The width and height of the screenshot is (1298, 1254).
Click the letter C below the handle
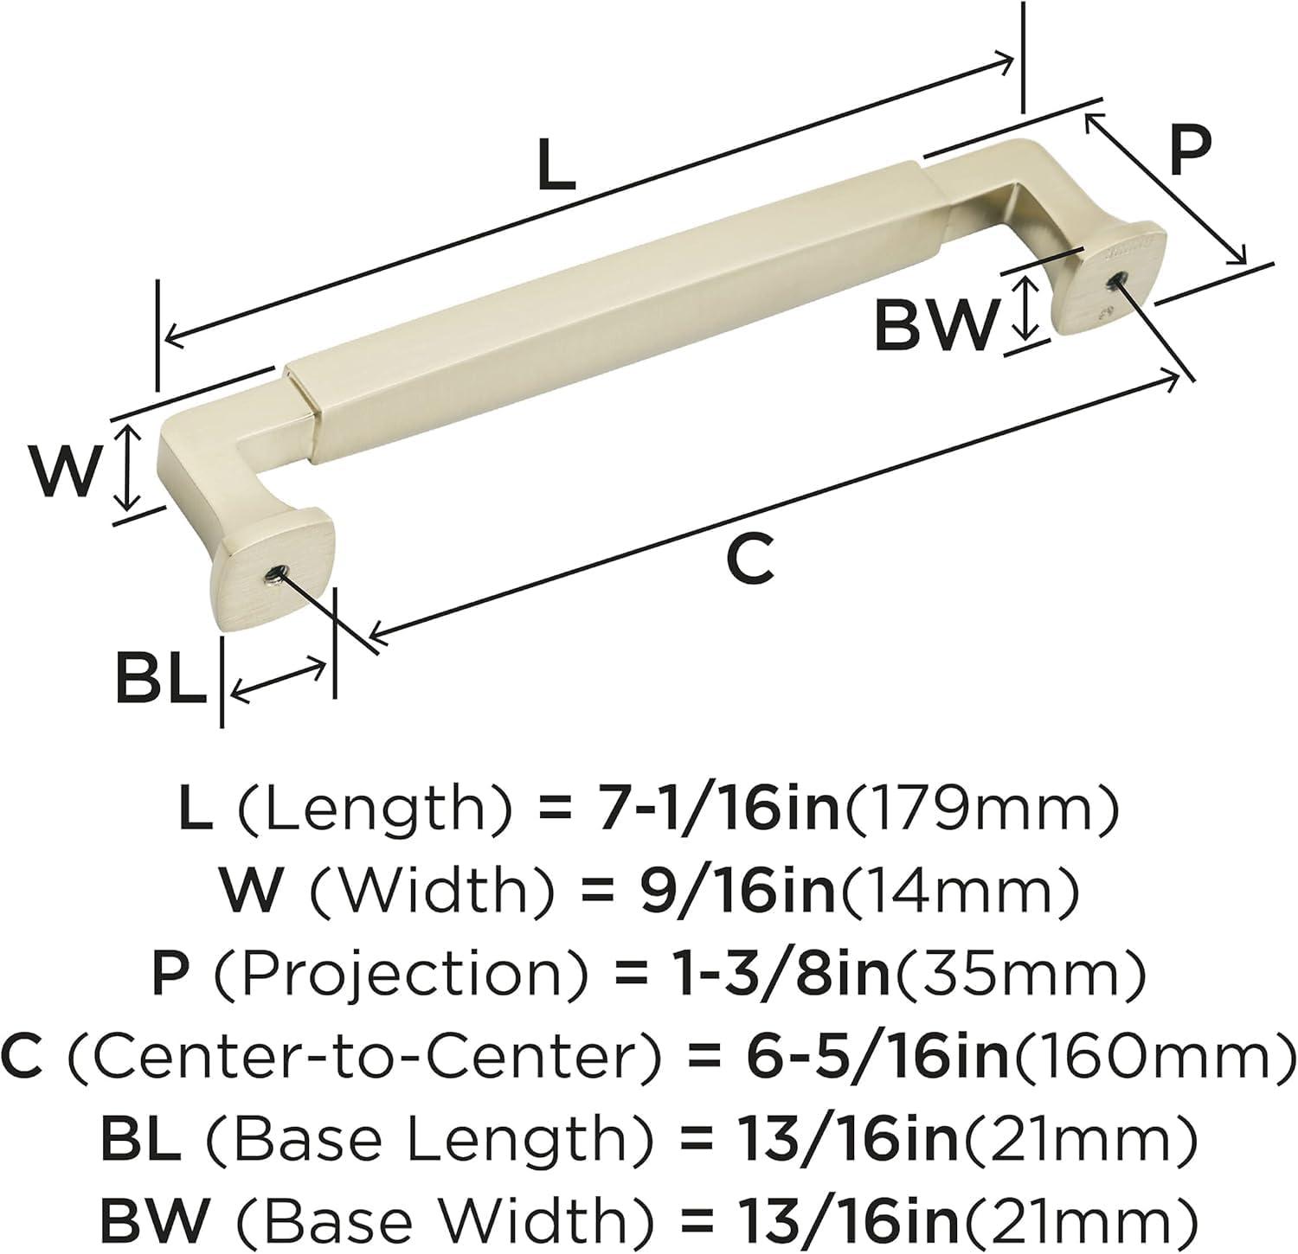click(x=749, y=560)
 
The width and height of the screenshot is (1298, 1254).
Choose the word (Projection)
click(x=403, y=974)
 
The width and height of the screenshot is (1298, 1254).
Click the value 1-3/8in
click(x=781, y=974)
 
